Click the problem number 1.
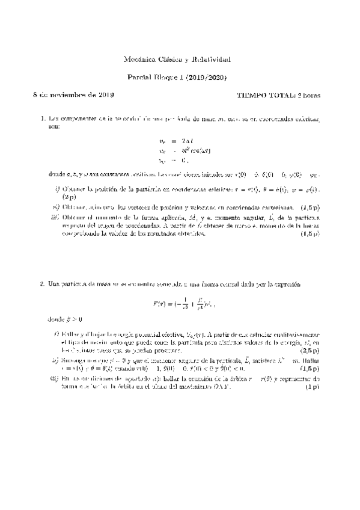[x=41, y=118]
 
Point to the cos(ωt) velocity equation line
[x=180, y=150]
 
